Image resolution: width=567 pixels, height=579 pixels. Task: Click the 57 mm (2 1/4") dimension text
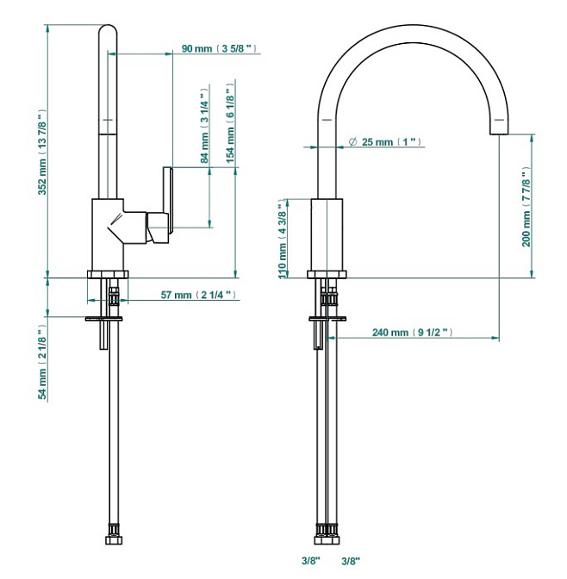[198, 296]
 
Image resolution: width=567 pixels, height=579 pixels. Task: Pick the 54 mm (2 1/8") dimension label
[40, 363]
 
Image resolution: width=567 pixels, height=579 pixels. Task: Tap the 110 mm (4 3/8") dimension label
[282, 240]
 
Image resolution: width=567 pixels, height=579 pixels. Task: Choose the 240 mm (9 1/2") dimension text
[412, 333]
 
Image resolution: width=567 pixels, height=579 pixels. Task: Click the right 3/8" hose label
[351, 561]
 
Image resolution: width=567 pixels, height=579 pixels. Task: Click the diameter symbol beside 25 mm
[353, 141]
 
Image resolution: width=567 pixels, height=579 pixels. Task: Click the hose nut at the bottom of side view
[112, 541]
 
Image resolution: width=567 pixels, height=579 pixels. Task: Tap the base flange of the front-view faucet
[327, 275]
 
